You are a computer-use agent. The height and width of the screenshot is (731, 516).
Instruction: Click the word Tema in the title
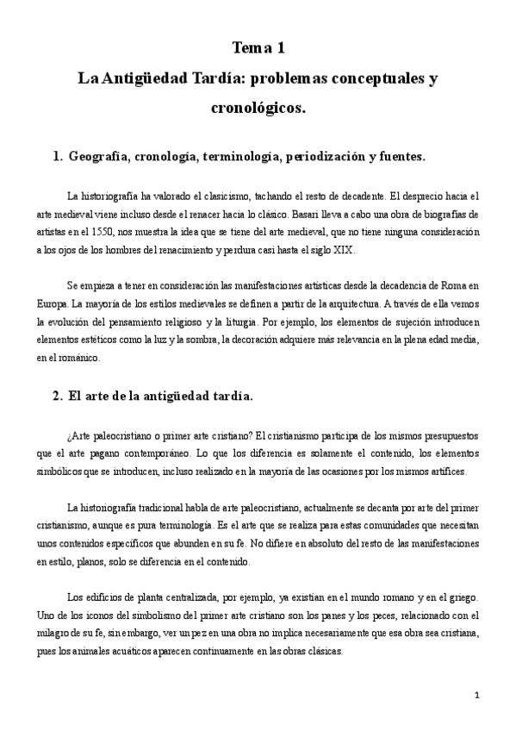click(247, 47)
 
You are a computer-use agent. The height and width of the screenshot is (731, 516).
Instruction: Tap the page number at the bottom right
click(476, 694)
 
